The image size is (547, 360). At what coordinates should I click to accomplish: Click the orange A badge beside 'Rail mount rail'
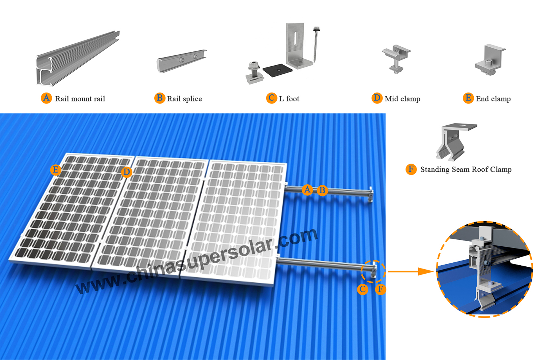pyautogui.click(x=46, y=98)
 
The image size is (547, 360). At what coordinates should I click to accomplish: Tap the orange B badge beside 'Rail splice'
pyautogui.click(x=160, y=98)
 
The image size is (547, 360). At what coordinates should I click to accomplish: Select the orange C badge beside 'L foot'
pyautogui.click(x=272, y=98)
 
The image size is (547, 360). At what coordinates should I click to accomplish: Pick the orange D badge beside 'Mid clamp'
pyautogui.click(x=377, y=98)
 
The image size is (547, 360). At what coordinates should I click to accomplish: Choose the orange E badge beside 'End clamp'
pyautogui.click(x=468, y=98)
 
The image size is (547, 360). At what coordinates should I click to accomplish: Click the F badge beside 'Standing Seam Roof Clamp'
pyautogui.click(x=411, y=169)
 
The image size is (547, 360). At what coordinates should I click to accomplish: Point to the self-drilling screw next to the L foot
pyautogui.click(x=316, y=44)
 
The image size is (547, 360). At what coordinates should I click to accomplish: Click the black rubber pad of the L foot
pyautogui.click(x=278, y=70)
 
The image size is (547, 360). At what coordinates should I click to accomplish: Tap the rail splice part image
pyautogui.click(x=181, y=61)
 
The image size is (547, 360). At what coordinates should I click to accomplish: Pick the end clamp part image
pyautogui.click(x=490, y=59)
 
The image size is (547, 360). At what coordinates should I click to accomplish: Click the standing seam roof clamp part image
pyautogui.click(x=456, y=142)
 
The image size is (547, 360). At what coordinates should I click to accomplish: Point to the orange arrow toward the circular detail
pyautogui.click(x=411, y=271)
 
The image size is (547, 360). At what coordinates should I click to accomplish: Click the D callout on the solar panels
pyautogui.click(x=127, y=172)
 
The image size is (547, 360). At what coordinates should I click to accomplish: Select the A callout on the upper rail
pyautogui.click(x=307, y=189)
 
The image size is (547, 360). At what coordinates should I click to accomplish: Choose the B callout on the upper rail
pyautogui.click(x=322, y=190)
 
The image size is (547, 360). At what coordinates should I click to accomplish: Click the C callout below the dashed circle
pyautogui.click(x=362, y=289)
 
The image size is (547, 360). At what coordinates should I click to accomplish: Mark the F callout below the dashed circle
pyautogui.click(x=380, y=289)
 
